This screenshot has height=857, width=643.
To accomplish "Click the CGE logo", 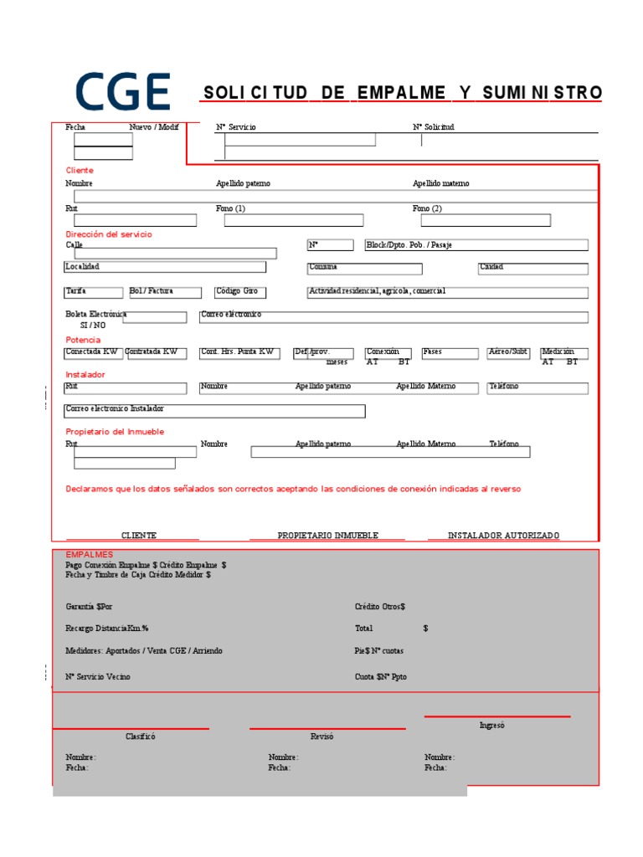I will click(x=123, y=92).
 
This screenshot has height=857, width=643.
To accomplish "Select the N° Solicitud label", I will click(x=433, y=127).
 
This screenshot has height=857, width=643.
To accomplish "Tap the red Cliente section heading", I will click(x=80, y=171).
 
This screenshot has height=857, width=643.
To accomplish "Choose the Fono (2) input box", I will click(x=486, y=220).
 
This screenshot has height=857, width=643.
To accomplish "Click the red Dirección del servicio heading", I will click(x=109, y=235).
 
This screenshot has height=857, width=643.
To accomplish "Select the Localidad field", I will click(x=165, y=267).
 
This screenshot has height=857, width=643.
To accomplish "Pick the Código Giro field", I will click(x=240, y=292).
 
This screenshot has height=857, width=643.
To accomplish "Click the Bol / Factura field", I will click(x=165, y=292).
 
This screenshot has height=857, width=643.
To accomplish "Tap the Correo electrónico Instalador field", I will click(x=214, y=410).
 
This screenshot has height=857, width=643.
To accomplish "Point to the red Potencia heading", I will click(x=83, y=340).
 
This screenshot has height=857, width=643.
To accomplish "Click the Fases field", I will click(x=450, y=353).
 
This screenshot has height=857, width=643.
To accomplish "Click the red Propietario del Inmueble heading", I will click(x=115, y=432).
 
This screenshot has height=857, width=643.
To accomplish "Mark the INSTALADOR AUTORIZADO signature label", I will click(x=503, y=536).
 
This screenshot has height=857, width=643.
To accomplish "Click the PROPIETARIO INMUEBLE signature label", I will click(x=328, y=536).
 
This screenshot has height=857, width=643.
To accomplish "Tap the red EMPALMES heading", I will click(x=89, y=554).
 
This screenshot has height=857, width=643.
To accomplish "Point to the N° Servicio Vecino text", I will click(x=98, y=676).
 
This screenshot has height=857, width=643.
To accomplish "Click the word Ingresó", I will click(x=491, y=726).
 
